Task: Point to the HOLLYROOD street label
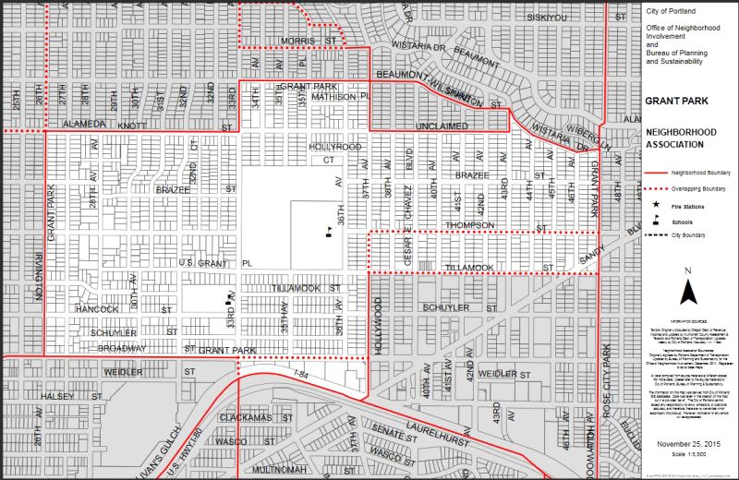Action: [334, 147]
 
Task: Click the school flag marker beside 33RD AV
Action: [230, 299]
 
